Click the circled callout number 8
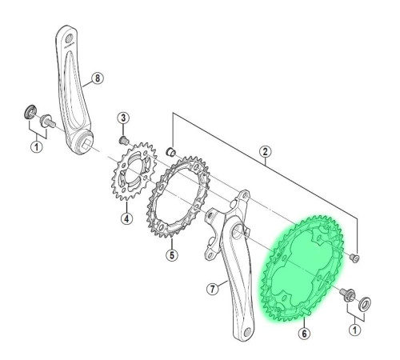click(98, 78)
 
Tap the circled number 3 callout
click(123, 118)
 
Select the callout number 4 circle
click(126, 218)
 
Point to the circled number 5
click(172, 255)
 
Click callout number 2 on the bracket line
click(265, 151)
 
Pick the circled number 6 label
click(304, 333)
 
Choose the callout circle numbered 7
click(213, 289)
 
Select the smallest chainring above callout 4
click(134, 171)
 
